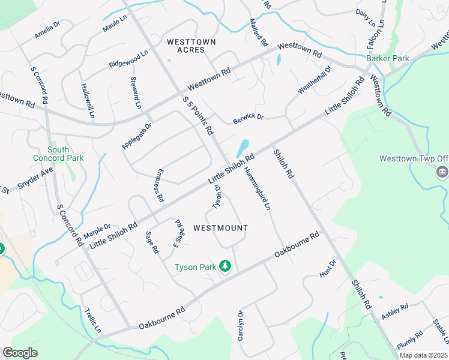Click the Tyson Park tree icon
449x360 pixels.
pos(225,266)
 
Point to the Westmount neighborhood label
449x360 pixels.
pos(220,228)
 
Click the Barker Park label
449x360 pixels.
pos(387,59)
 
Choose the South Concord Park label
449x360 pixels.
pos(66,154)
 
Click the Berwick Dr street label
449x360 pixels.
pos(249,118)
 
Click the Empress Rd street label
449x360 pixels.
pos(159,185)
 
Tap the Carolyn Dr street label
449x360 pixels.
pos(240,326)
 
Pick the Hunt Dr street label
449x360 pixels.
pos(329,268)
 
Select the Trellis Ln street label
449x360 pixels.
pos(93,320)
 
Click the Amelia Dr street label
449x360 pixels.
pos(47,29)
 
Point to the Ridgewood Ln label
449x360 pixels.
pos(128,59)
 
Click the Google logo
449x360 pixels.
pos(20,353)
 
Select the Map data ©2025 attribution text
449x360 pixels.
pos(423,355)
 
